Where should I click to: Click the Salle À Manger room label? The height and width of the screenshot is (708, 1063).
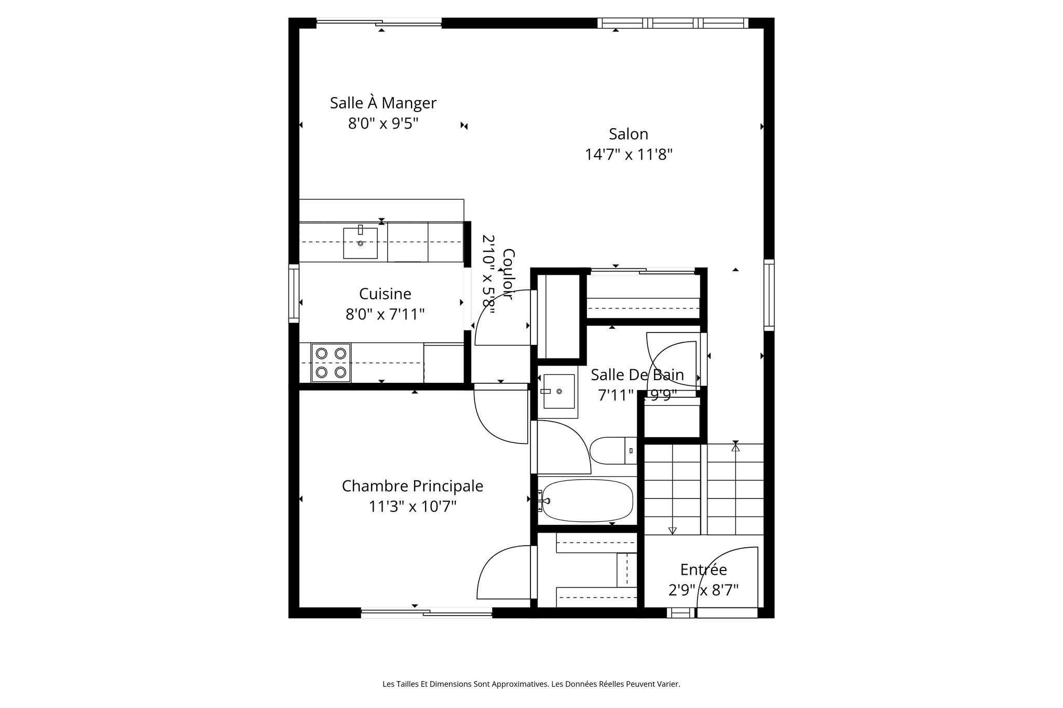click(x=383, y=103)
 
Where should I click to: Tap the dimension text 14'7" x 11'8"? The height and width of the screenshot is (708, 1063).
click(x=629, y=155)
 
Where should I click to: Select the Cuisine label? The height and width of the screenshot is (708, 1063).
click(x=385, y=294)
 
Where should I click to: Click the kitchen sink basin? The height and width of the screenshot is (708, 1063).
click(x=360, y=243)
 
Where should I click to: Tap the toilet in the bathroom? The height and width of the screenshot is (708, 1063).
click(x=612, y=450)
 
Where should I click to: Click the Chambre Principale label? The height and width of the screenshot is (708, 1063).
click(x=412, y=486)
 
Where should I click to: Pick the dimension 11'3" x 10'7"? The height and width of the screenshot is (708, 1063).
click(x=412, y=506)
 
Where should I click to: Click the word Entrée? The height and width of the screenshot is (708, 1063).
click(x=703, y=570)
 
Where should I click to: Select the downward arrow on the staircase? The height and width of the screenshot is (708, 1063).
click(x=673, y=530)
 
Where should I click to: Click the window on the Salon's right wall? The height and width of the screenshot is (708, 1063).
click(x=769, y=295)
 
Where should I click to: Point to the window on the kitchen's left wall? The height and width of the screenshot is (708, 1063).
click(x=294, y=294)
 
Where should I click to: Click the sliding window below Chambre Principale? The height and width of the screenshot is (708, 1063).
click(x=427, y=614)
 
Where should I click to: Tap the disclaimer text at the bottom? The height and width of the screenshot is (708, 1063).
click(x=531, y=684)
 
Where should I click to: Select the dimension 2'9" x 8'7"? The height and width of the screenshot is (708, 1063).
click(x=703, y=590)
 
